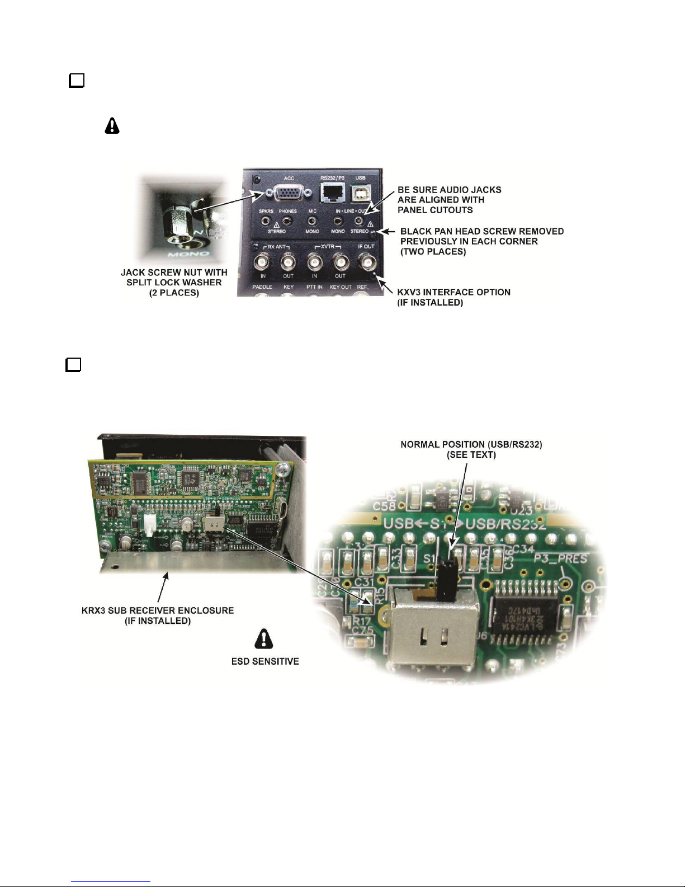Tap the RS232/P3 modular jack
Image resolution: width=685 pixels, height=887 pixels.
[332, 193]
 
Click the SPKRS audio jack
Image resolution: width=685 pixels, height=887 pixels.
[266, 222]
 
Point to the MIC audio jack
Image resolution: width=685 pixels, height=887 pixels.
[312, 222]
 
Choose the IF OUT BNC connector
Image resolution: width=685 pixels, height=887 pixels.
[367, 262]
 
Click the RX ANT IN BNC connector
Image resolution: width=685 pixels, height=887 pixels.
[263, 262]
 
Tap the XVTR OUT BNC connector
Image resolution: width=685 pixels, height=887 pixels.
[340, 262]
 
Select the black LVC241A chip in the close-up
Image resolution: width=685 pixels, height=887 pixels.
[523, 614]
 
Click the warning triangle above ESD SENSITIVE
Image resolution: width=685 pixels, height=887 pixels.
[264, 639]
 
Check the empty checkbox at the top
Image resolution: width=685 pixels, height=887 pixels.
[77, 81]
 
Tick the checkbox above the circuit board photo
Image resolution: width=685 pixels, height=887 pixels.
[73, 365]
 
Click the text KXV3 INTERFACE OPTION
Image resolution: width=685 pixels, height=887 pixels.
[453, 292]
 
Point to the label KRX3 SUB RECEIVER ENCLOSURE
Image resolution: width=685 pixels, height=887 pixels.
[158, 610]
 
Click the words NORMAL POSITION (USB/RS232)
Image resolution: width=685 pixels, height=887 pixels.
[471, 444]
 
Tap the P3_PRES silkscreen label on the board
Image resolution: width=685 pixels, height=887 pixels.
[560, 559]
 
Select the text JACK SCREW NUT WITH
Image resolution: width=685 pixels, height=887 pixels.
[174, 273]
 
